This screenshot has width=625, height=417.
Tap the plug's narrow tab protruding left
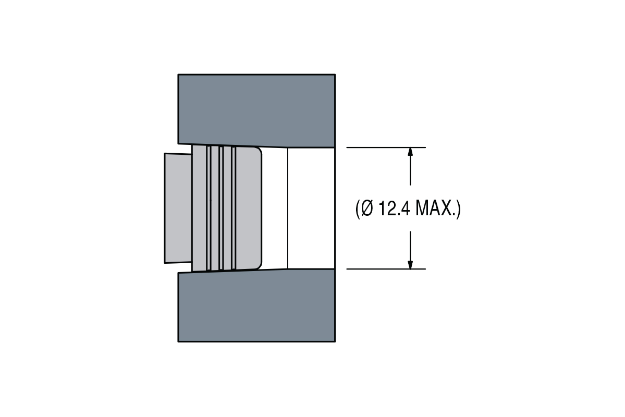click(178, 208)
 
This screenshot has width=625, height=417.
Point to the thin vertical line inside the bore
click(288, 208)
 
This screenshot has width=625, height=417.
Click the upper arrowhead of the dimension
click(410, 152)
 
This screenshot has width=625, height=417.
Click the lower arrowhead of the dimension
click(410, 264)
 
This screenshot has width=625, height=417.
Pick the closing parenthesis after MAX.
click(458, 209)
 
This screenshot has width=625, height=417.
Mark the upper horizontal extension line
click(386, 148)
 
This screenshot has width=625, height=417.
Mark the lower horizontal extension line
click(386, 269)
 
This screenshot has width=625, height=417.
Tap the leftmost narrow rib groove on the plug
click(209, 208)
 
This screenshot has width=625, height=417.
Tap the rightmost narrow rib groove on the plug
click(234, 208)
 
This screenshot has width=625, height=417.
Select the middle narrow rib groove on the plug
click(221, 208)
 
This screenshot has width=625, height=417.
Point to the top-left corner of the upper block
click(178, 75)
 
